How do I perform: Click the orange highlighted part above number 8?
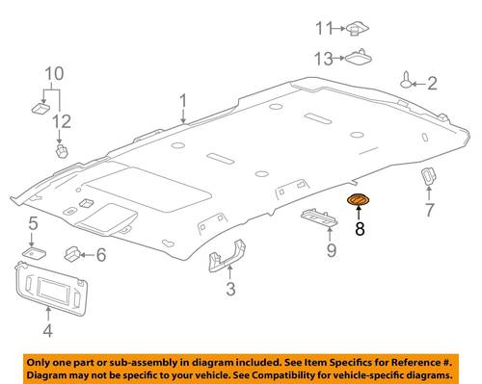click(x=358, y=200)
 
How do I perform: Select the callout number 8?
click(x=360, y=229)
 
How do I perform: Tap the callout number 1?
click(x=183, y=101)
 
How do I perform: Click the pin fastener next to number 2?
click(x=407, y=80)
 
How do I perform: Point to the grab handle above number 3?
click(x=228, y=255)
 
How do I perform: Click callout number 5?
click(x=34, y=223)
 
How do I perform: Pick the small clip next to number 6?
click(x=72, y=254)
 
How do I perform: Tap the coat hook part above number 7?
click(x=429, y=176)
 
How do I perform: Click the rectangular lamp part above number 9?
click(x=319, y=218)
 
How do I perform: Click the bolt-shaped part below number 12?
click(x=62, y=151)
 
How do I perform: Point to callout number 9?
click(x=332, y=250)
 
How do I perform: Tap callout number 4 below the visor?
click(x=47, y=330)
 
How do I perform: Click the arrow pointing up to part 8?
click(x=359, y=214)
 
